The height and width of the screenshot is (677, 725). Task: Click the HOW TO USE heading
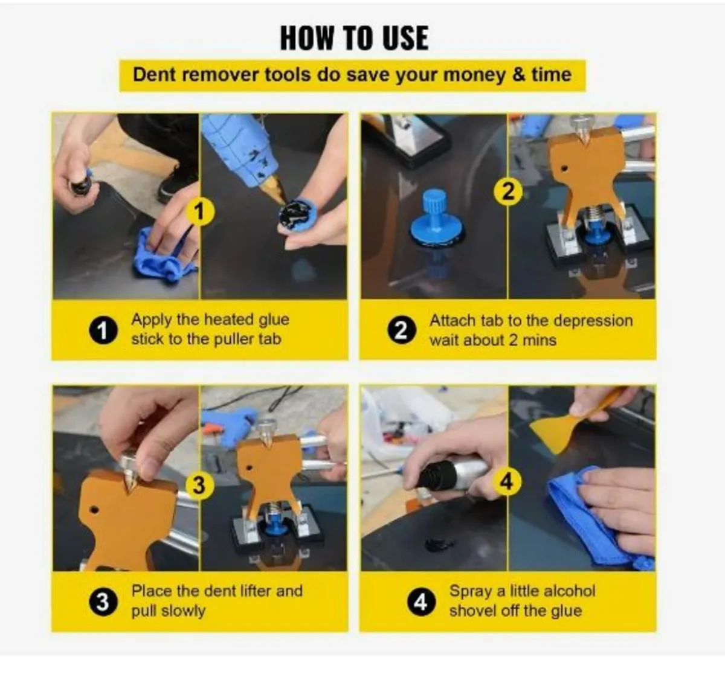click(x=354, y=38)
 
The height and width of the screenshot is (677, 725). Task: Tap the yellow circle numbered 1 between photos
click(x=200, y=211)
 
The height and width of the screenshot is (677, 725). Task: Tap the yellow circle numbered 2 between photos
click(x=508, y=191)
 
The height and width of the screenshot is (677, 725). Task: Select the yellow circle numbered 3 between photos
click(x=199, y=484)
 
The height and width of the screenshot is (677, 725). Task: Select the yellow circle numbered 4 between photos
click(x=506, y=481)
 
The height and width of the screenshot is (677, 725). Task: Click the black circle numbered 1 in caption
click(x=103, y=330)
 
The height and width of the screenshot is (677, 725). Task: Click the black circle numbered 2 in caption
click(x=401, y=330)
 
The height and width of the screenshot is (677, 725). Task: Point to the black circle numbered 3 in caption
click(x=103, y=602)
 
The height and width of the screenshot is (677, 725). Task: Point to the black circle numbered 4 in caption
click(x=420, y=602)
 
